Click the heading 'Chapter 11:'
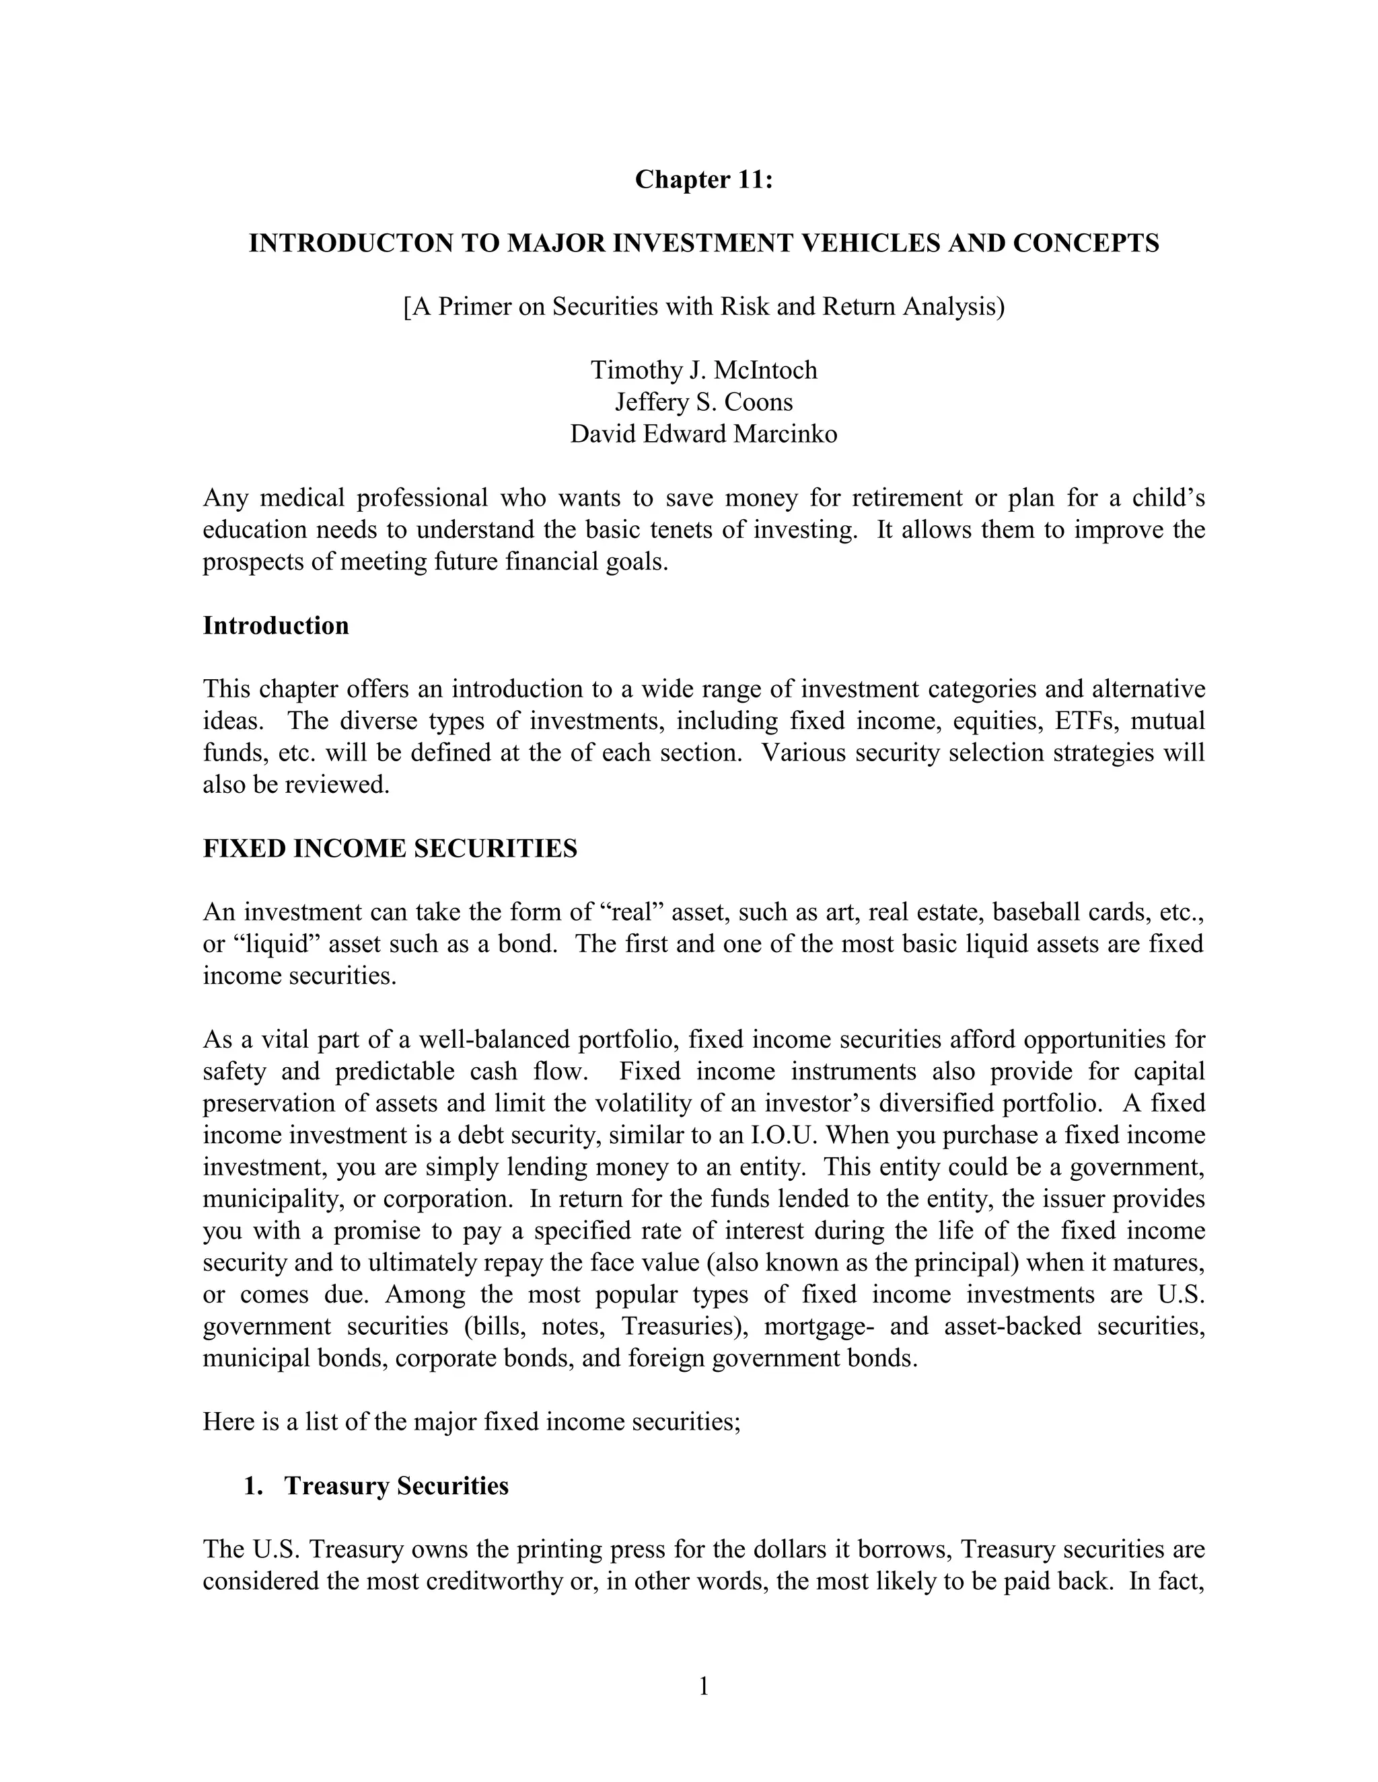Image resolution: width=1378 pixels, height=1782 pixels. [704, 179]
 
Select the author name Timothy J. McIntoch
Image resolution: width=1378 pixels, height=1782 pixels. [704, 371]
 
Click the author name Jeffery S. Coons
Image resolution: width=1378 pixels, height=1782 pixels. [704, 402]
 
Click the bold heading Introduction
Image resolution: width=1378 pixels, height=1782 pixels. [276, 626]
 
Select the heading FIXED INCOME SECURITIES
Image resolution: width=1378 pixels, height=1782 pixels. [390, 849]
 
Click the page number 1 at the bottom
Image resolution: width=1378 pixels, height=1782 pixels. [704, 1687]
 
